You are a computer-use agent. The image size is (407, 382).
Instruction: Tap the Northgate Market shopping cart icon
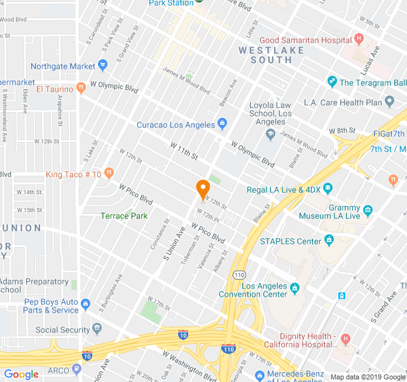point(103,66)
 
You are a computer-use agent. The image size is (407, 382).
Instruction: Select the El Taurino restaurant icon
point(81,89)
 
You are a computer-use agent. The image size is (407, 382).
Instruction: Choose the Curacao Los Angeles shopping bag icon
point(222,124)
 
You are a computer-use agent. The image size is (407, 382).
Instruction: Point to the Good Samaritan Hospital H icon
point(359,39)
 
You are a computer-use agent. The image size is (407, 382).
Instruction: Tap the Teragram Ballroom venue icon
point(331,82)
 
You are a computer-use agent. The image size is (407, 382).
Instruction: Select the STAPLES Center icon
point(329,241)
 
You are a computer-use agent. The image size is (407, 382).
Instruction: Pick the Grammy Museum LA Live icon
point(368,209)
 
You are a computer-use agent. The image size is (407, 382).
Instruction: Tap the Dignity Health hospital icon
point(345,338)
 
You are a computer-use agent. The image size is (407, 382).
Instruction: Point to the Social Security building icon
point(97,329)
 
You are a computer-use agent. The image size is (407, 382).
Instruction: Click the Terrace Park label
point(124,216)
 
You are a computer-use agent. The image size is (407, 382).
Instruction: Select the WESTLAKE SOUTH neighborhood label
point(266,55)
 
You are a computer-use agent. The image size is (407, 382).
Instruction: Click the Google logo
point(22,374)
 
